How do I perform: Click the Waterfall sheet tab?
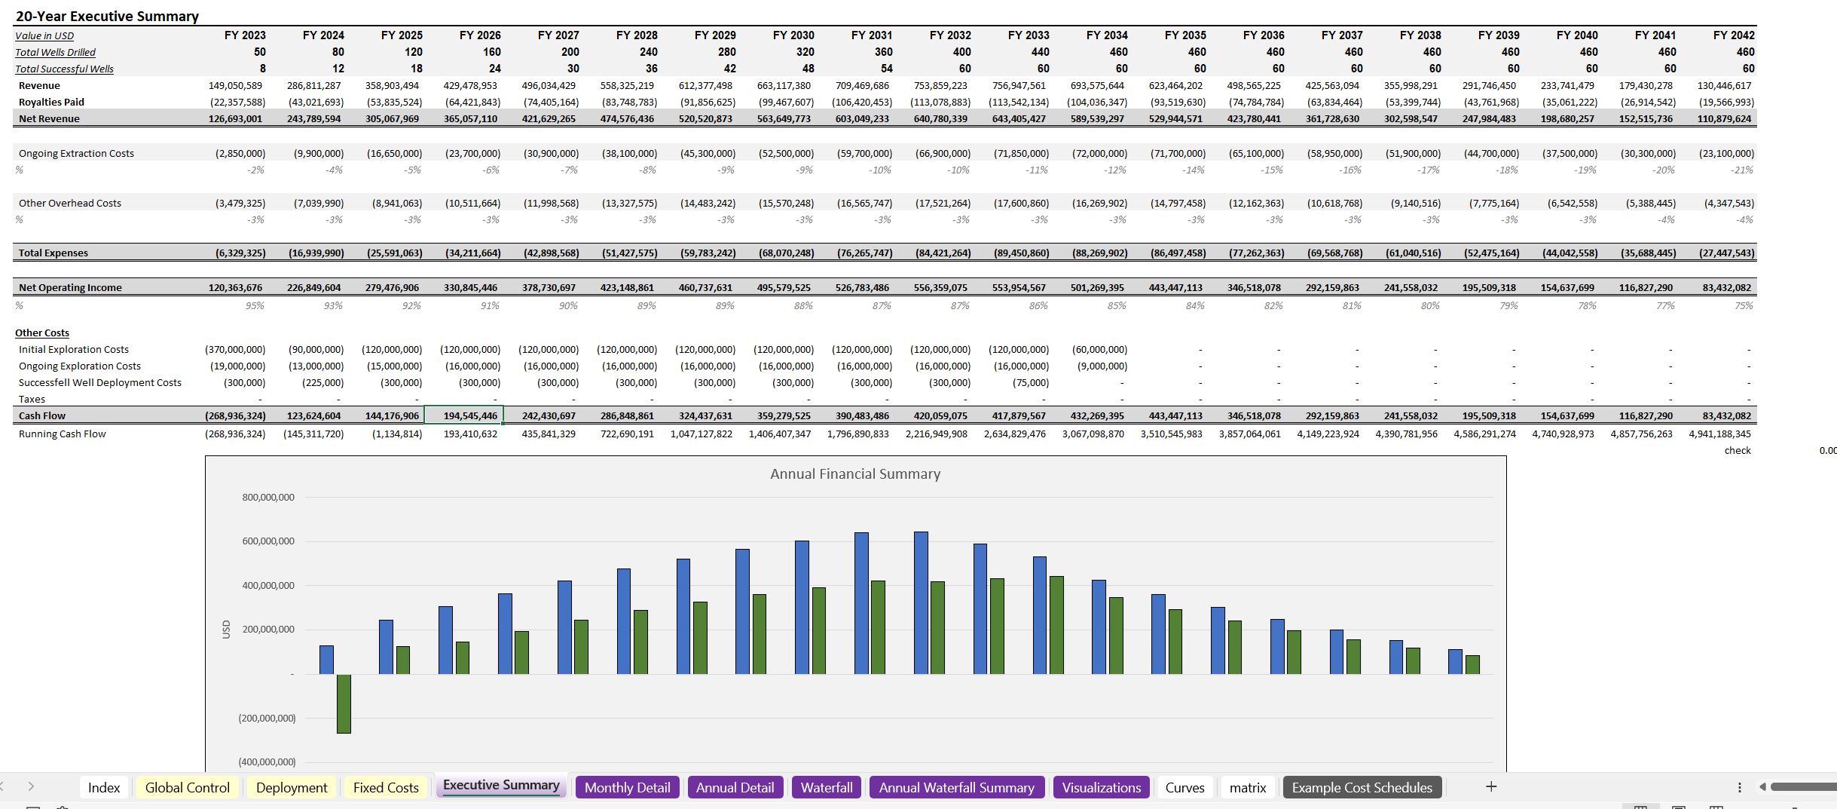[826, 787]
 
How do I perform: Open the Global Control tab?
[187, 787]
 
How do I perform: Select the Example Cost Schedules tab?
[1362, 787]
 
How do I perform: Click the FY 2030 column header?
[793, 35]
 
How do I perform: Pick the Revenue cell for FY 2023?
[235, 86]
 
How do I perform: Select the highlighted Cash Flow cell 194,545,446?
[470, 415]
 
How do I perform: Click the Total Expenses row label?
[53, 253]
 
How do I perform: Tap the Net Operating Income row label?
[70, 287]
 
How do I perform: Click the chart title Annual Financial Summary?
[854, 473]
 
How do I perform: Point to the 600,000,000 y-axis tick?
[268, 541]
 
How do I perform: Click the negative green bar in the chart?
[344, 703]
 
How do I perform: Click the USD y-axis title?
[226, 630]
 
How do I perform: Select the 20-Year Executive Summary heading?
[107, 16]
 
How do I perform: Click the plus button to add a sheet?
[1490, 786]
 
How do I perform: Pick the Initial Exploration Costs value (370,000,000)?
[235, 350]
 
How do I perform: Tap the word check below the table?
[1737, 450]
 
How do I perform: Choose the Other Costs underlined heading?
[42, 332]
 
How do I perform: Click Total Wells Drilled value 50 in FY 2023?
[259, 52]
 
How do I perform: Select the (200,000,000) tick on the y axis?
[267, 719]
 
